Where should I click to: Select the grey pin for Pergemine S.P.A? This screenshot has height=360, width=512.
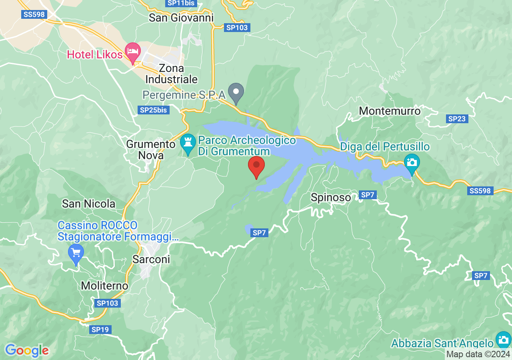click(236, 92)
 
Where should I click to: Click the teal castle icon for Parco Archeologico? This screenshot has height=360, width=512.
click(187, 144)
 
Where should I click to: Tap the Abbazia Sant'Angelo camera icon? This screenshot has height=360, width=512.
click(503, 340)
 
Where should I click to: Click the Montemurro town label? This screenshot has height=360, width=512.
click(390, 111)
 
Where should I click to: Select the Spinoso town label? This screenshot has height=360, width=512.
click(331, 197)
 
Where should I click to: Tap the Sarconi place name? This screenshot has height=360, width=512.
click(151, 259)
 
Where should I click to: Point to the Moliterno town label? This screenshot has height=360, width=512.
click(104, 286)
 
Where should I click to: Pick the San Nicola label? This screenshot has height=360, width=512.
click(88, 204)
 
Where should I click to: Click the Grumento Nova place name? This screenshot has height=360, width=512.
click(151, 150)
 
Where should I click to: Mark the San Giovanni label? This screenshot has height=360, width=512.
click(181, 18)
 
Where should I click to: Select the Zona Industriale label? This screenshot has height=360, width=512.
click(171, 74)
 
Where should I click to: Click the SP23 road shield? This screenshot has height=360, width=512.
click(457, 119)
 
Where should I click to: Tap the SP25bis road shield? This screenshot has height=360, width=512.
click(153, 110)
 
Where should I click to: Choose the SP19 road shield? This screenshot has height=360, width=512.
click(100, 330)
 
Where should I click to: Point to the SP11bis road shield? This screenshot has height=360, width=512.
click(182, 3)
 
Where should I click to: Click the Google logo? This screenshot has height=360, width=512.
click(27, 351)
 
